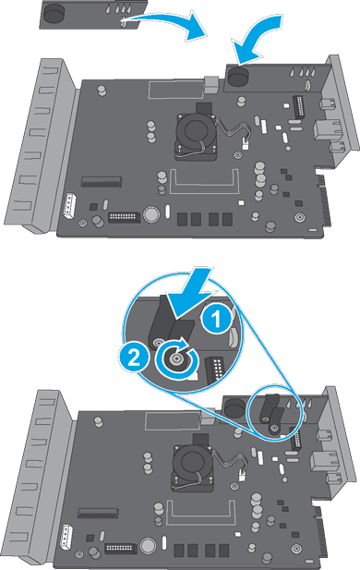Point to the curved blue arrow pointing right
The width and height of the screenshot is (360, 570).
coord(176,25)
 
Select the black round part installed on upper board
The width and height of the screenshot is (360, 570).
coord(242,77)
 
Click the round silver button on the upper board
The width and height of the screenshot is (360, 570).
coord(148,217)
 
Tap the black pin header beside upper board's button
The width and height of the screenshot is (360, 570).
coord(122,218)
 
